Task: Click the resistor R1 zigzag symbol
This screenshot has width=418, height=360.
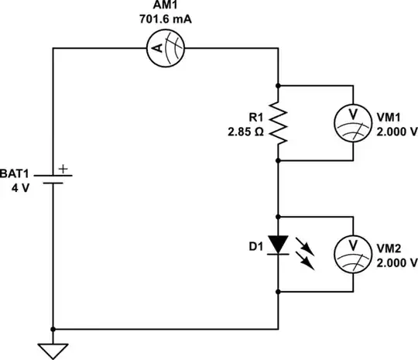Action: click(x=278, y=124)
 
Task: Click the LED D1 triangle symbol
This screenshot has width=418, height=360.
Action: click(x=278, y=244)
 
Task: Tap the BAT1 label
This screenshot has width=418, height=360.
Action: click(x=17, y=174)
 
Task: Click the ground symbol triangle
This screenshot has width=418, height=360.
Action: click(x=53, y=350)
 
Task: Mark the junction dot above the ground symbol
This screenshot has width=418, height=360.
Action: click(x=53, y=329)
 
